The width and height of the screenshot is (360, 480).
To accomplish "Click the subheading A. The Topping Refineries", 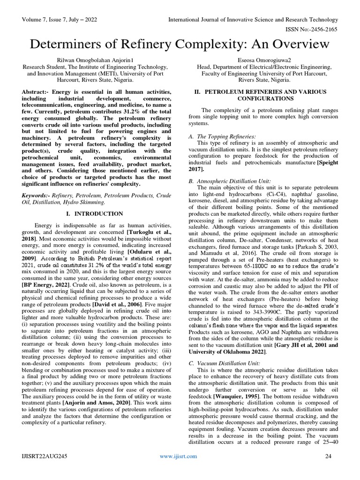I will pos(221,136).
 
